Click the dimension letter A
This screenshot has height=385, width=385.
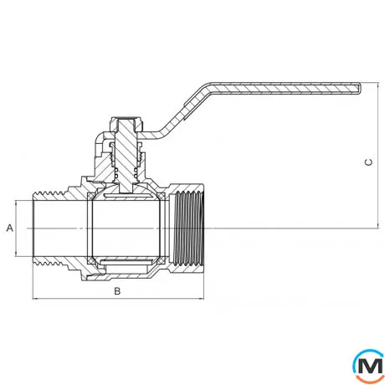click(10, 228)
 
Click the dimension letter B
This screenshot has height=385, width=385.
click(117, 291)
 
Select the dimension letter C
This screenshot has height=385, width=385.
click(368, 162)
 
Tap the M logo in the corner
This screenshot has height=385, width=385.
click(368, 366)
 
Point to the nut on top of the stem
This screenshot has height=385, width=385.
click(127, 124)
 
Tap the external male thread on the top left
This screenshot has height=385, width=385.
click(49, 194)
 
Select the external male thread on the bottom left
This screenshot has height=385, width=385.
click(49, 261)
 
